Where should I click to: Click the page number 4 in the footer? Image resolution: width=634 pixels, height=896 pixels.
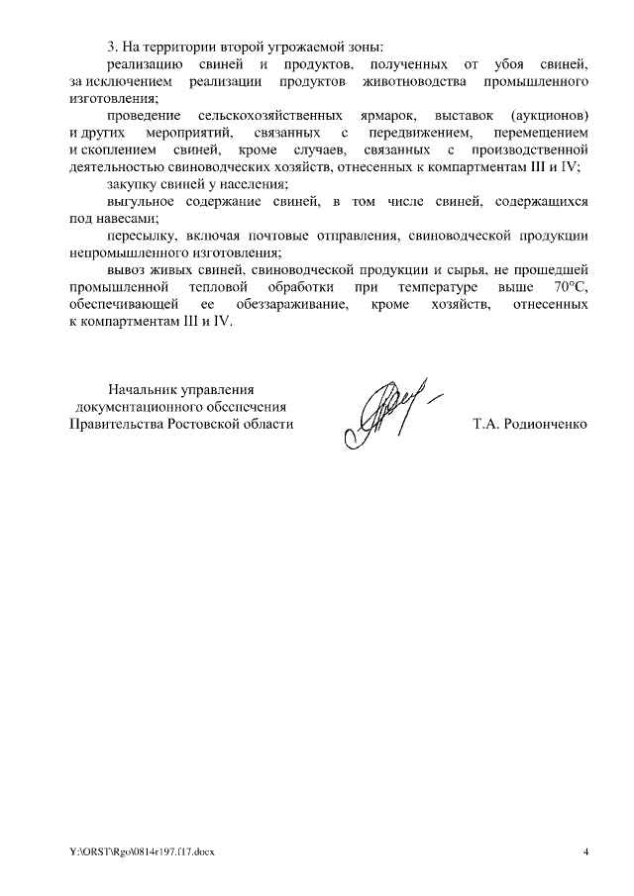(x=585, y=852)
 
